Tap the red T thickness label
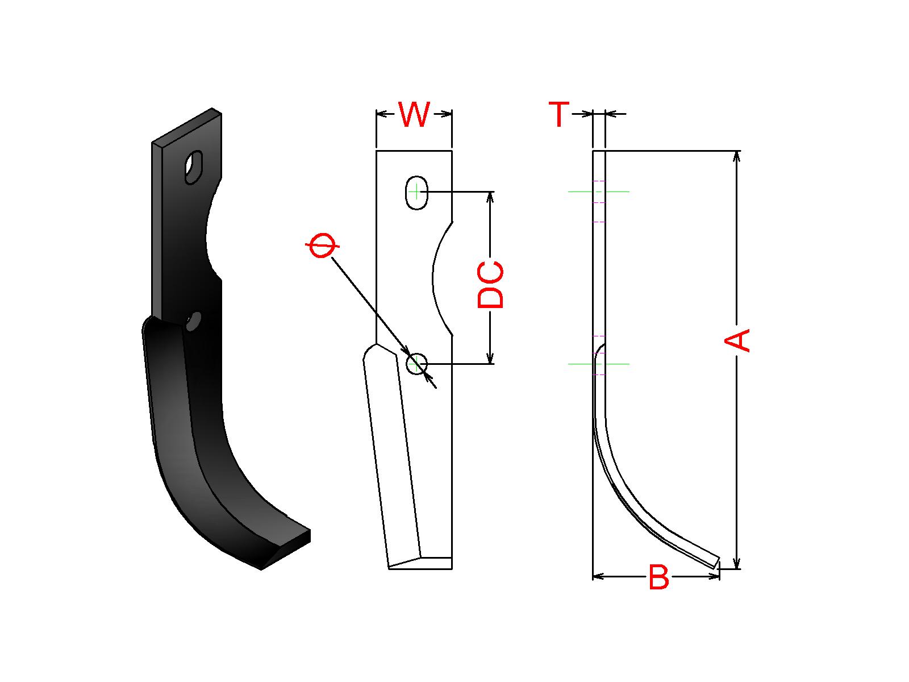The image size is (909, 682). (x=559, y=114)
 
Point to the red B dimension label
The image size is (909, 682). (x=658, y=577)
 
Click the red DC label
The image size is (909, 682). (x=490, y=285)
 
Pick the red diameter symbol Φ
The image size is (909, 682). (x=322, y=245)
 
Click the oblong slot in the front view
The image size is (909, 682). (x=416, y=193)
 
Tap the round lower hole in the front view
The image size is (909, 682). (x=416, y=364)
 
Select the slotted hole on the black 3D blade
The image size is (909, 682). (x=193, y=167)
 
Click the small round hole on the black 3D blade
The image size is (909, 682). (x=193, y=321)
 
